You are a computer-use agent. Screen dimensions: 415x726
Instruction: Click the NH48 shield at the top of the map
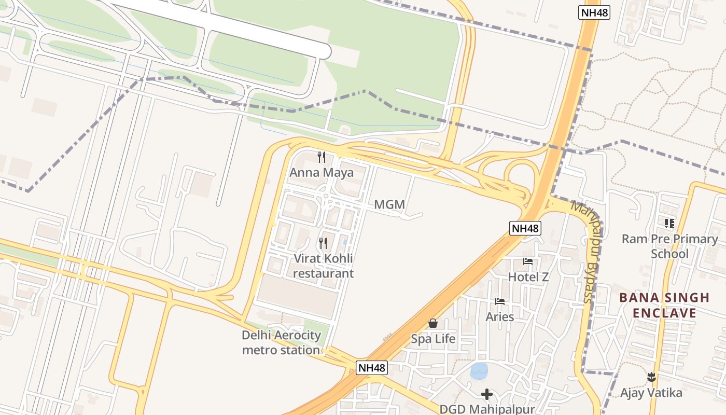pyautogui.click(x=594, y=12)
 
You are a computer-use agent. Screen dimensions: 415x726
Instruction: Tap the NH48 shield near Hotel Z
pyautogui.click(x=525, y=228)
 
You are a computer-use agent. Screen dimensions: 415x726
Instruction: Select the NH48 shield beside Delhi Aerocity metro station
pyautogui.click(x=372, y=368)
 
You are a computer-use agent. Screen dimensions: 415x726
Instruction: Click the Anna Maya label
pyautogui.click(x=322, y=173)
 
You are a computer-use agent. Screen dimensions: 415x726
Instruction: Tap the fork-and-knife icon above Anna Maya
pyautogui.click(x=322, y=157)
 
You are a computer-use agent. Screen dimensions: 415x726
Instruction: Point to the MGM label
pyautogui.click(x=389, y=205)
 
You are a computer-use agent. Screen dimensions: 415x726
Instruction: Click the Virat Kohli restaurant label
pyautogui.click(x=323, y=266)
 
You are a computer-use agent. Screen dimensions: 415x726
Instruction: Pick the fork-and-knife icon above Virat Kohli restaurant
pyautogui.click(x=323, y=243)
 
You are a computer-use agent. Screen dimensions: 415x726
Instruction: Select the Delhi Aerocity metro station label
pyautogui.click(x=282, y=342)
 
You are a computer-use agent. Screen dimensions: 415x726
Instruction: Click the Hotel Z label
pyautogui.click(x=528, y=277)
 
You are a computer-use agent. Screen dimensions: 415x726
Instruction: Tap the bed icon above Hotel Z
pyautogui.click(x=528, y=261)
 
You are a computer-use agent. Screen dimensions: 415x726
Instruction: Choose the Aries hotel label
pyautogui.click(x=500, y=316)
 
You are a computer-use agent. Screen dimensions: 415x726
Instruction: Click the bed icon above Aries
pyautogui.click(x=500, y=301)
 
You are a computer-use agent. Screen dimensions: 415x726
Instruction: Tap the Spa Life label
pyautogui.click(x=433, y=339)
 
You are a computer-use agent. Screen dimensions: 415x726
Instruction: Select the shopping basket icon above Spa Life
pyautogui.click(x=433, y=324)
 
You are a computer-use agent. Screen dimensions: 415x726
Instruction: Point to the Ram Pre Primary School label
pyautogui.click(x=669, y=246)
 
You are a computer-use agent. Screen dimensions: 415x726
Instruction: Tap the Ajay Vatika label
pyautogui.click(x=651, y=393)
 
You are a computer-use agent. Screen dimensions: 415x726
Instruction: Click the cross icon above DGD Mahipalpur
pyautogui.click(x=486, y=395)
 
